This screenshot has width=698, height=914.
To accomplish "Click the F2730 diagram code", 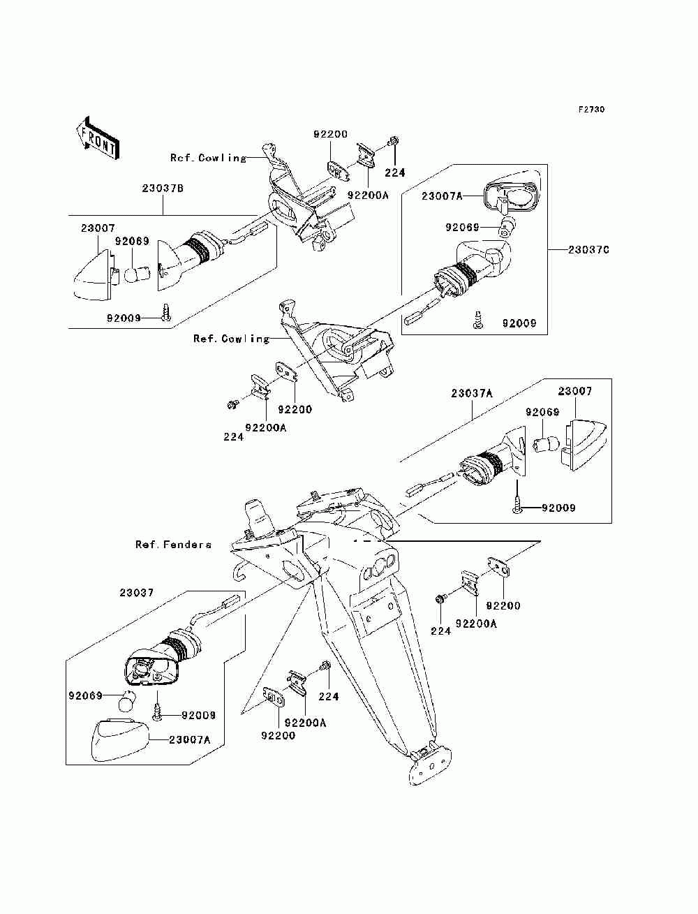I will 591,110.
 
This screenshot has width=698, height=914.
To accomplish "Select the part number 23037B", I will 163,188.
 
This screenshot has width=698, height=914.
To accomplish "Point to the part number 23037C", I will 588,249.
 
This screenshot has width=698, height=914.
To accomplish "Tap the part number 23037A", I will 472,393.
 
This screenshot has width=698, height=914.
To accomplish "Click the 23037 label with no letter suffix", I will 136,592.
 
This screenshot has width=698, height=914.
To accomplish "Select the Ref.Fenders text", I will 173,544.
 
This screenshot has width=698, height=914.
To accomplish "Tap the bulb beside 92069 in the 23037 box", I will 126,700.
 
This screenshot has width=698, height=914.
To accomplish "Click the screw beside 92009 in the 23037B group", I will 166,312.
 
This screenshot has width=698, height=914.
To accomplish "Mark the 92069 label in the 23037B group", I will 132,242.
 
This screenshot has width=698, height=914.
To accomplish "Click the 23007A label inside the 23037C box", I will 442,197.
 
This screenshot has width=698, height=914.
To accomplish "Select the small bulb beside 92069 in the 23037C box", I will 509,225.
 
